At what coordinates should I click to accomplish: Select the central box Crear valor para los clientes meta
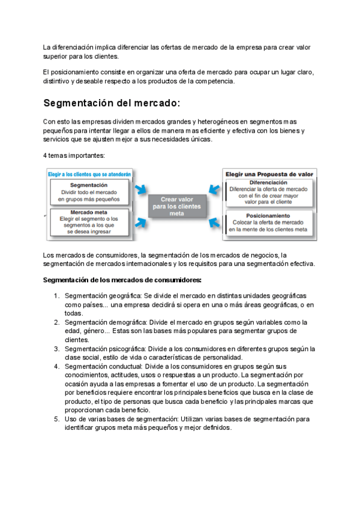point(176,205)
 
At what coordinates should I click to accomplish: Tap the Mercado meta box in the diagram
point(89,220)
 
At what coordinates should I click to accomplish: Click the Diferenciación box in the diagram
point(268,191)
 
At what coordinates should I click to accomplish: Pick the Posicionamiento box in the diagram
point(268,223)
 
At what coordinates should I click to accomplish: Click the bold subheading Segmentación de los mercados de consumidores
point(122,280)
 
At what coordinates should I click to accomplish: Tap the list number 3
point(56,349)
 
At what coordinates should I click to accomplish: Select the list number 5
point(56,418)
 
